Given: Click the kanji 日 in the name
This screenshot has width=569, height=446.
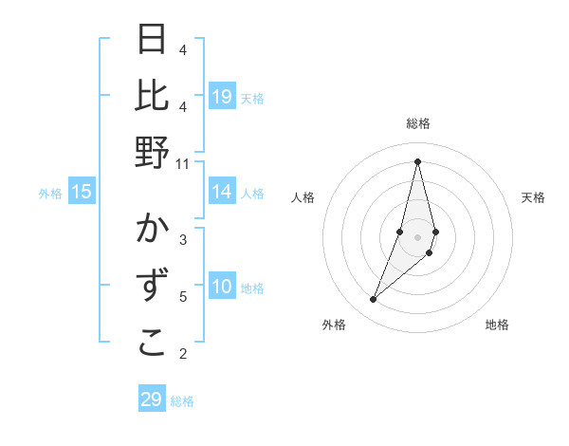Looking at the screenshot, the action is tap(153, 41).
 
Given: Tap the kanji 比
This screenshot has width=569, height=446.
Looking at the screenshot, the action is tap(153, 96).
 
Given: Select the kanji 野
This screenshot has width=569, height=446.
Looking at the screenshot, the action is tap(153, 152).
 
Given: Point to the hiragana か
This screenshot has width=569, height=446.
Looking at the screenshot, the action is tap(153, 231).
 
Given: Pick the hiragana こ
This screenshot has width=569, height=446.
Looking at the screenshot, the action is tap(153, 344).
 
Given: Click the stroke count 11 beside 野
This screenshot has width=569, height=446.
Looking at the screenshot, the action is tap(183, 163).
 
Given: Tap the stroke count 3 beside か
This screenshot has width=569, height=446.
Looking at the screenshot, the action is tap(183, 239).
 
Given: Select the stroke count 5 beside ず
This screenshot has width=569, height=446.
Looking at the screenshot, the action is tap(183, 297).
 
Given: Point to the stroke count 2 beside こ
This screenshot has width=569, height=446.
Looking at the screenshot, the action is tap(183, 354).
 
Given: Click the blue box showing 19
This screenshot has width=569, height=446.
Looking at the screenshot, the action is tap(222, 97).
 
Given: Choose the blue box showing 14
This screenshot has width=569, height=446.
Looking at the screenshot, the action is tap(222, 193).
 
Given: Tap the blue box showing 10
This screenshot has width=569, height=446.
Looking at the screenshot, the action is tap(222, 288).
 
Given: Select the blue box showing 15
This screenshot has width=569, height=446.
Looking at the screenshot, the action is tap(82, 193).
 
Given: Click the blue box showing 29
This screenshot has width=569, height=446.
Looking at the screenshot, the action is tap(152, 400).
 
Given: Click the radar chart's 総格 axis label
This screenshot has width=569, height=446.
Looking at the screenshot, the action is tap(417, 123).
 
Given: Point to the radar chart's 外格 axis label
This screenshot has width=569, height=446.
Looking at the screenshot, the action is tap(334, 325).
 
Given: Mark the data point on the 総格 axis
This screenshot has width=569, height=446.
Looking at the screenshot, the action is tap(417, 160).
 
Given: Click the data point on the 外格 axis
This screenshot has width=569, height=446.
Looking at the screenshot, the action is tap(374, 299).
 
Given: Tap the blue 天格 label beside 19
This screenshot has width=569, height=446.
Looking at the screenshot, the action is tap(252, 98).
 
